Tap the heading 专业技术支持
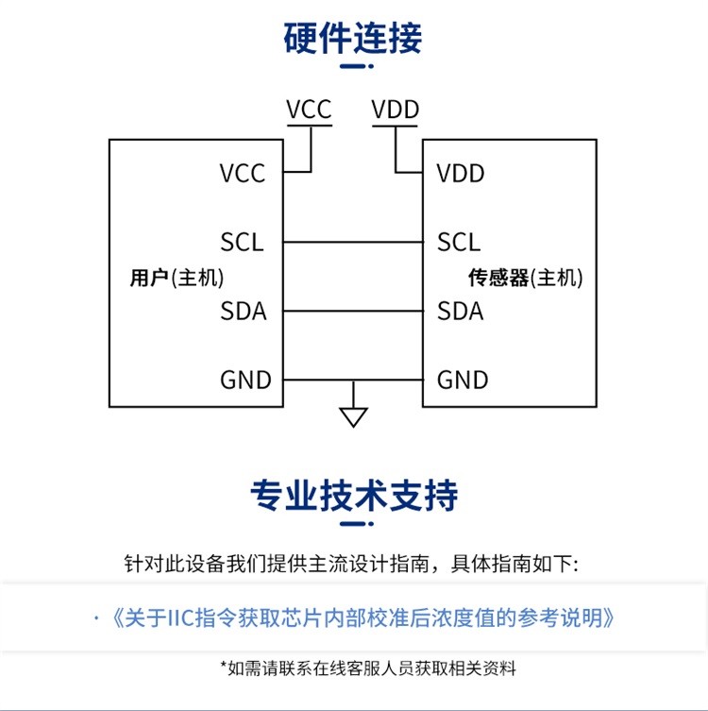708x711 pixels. click(x=353, y=494)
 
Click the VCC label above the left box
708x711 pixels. click(x=309, y=110)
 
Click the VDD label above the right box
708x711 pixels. click(x=396, y=110)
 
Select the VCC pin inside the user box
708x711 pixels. click(x=243, y=174)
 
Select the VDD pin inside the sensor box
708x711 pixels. click(x=461, y=174)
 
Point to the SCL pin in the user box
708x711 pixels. click(x=242, y=243)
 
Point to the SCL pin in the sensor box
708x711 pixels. click(x=459, y=243)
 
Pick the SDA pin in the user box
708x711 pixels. click(x=244, y=311)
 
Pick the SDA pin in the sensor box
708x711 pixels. click(x=461, y=311)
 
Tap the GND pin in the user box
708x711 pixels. click(x=245, y=381)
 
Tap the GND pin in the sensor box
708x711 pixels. click(x=463, y=381)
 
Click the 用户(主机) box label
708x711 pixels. click(x=177, y=278)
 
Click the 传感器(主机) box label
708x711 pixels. click(x=526, y=278)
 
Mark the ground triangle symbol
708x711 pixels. click(x=353, y=416)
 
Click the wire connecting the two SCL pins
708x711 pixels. click(x=353, y=243)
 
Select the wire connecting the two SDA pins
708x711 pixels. click(x=353, y=311)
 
